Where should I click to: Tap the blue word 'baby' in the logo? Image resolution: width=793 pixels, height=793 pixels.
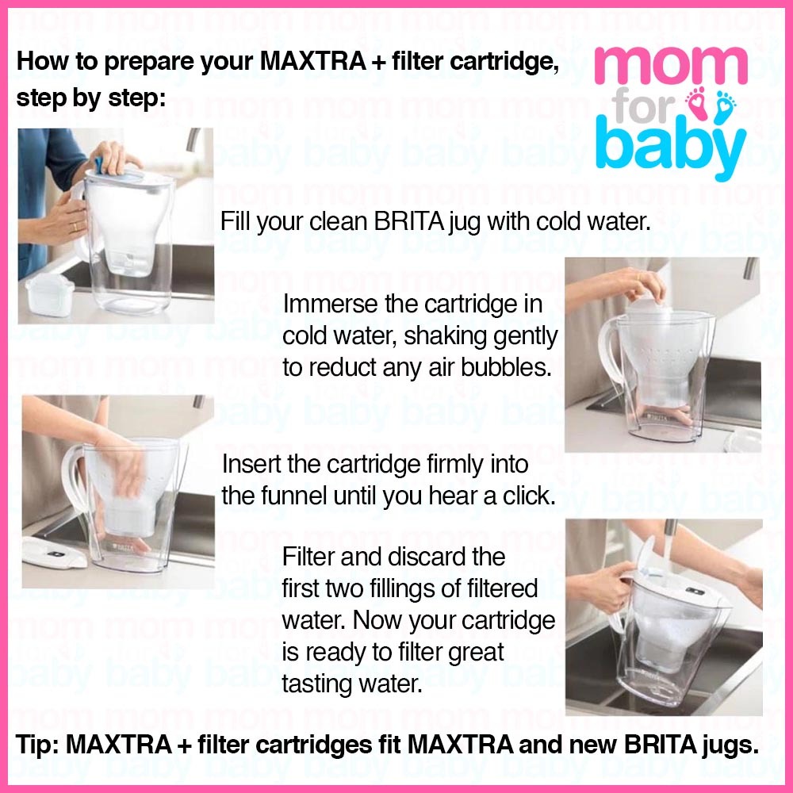671,147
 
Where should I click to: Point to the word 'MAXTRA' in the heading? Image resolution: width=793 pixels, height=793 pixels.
313,62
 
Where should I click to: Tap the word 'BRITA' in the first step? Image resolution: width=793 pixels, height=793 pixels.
408,221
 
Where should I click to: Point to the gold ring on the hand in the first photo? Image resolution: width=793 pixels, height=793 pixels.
76,226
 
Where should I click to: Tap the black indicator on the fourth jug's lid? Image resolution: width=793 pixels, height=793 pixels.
695,591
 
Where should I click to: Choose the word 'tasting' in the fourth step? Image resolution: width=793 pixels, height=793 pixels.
316,684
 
